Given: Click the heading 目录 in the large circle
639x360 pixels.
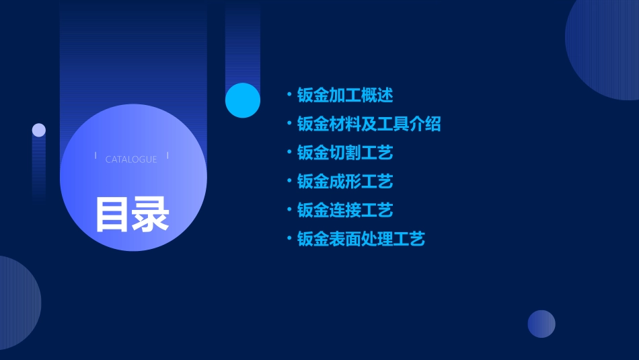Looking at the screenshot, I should coord(132,214).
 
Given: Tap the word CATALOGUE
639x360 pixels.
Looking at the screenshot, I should coord(131,159).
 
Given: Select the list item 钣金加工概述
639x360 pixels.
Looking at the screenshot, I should coord(345,95).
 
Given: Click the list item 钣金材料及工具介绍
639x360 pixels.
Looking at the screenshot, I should coord(369,124).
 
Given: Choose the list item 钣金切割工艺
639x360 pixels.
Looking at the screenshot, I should coord(345,153).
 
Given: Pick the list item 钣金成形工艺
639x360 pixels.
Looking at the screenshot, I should coord(345,181).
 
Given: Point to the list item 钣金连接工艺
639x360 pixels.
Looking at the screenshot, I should coord(345,210).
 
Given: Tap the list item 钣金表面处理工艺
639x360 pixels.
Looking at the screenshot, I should coord(361,239).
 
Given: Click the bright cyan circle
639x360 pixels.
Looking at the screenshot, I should coord(243,100).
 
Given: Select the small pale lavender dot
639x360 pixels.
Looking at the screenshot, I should coord(39,130).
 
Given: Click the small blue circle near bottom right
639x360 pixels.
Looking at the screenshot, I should coord(541,324).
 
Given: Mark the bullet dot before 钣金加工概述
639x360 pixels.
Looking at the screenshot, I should coord(289,95).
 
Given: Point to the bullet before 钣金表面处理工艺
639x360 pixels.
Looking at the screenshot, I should coord(289,239).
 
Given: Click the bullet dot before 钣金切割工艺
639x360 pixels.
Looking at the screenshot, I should coord(289,153).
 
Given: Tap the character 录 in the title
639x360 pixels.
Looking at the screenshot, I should coord(151,214).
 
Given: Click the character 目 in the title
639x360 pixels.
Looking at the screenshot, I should coord(112,214).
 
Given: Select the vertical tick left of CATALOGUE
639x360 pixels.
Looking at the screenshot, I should coord(96,156).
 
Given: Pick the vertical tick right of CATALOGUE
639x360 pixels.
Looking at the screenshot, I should coord(167,156).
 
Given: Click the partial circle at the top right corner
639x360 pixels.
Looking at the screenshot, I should coord(605,47).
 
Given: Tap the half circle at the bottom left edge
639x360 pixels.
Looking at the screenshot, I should coord(17,303).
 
